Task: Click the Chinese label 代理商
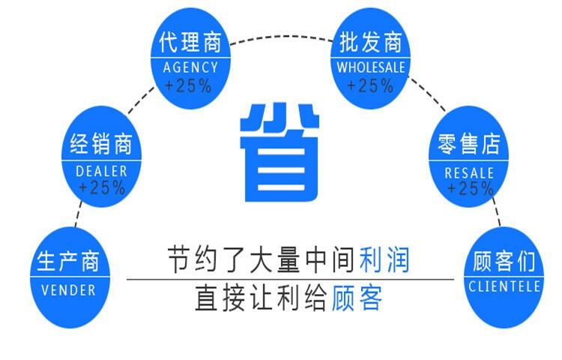tap(190, 43)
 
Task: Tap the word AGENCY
tap(190, 67)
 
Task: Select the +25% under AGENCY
tap(189, 85)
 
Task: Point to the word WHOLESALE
tap(370, 67)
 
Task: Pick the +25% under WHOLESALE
tap(370, 85)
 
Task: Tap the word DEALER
tap(102, 170)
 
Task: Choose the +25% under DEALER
tap(102, 187)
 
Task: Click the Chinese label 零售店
tap(469, 144)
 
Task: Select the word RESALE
tap(469, 172)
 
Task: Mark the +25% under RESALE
tap(470, 187)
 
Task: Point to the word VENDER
tap(67, 289)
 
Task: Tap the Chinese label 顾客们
tap(504, 262)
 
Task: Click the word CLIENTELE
tap(504, 286)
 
